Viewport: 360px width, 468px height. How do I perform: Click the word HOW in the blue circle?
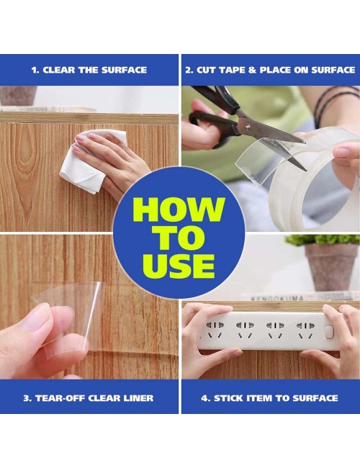pos(179,210)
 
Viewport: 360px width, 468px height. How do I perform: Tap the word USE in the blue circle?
pos(179,266)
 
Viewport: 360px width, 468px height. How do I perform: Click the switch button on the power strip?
pos(328,332)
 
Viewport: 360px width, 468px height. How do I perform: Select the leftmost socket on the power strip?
pos(215,330)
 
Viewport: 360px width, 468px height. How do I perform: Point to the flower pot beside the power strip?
pos(330,266)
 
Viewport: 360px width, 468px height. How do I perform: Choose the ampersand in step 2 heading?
pos(252,70)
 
